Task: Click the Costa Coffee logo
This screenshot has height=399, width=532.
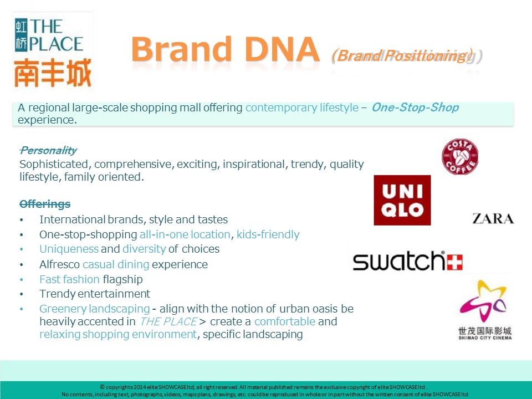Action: (460, 157)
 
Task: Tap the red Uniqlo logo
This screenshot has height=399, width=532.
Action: (402, 200)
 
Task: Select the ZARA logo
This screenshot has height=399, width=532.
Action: (493, 219)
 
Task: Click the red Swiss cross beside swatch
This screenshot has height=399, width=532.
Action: (454, 263)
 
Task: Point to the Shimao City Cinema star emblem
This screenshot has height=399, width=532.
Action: (483, 301)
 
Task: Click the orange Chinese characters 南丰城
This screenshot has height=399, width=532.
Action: (53, 73)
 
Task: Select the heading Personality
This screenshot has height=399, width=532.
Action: (48, 150)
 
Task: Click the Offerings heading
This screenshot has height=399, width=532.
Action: (45, 204)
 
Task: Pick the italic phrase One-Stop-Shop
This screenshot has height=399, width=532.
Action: (415, 107)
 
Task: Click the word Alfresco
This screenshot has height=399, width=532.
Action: (59, 264)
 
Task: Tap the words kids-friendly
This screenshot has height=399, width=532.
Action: (268, 234)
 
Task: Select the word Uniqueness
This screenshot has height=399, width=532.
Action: (69, 249)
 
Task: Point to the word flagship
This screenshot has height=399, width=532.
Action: (122, 279)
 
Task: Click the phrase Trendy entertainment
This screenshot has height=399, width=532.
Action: (95, 294)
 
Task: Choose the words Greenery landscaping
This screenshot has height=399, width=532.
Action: (94, 309)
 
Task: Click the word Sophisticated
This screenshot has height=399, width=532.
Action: (54, 165)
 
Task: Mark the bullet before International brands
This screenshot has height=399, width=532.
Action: (22, 220)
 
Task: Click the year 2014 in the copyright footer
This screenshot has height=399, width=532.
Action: (140, 387)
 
